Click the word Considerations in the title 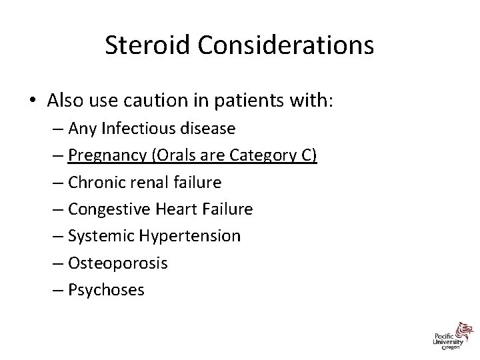point(284,46)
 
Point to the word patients point(251,101)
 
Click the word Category point(263,155)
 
